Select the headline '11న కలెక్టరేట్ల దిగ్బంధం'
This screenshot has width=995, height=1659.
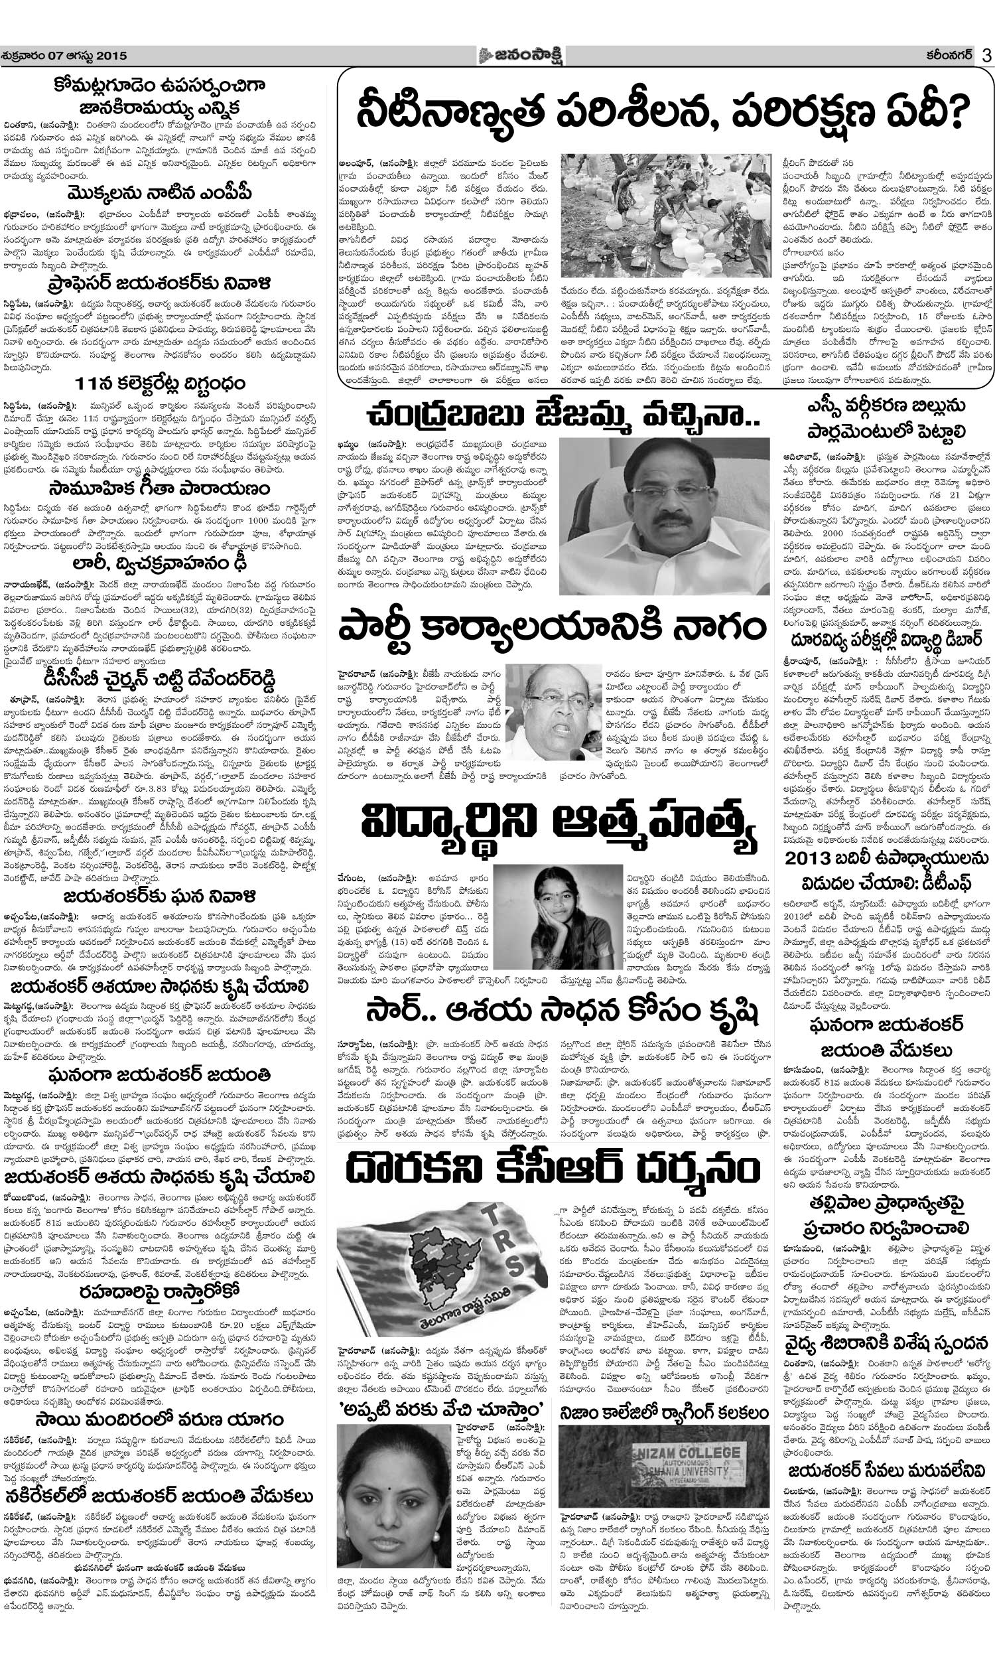[160, 384]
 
